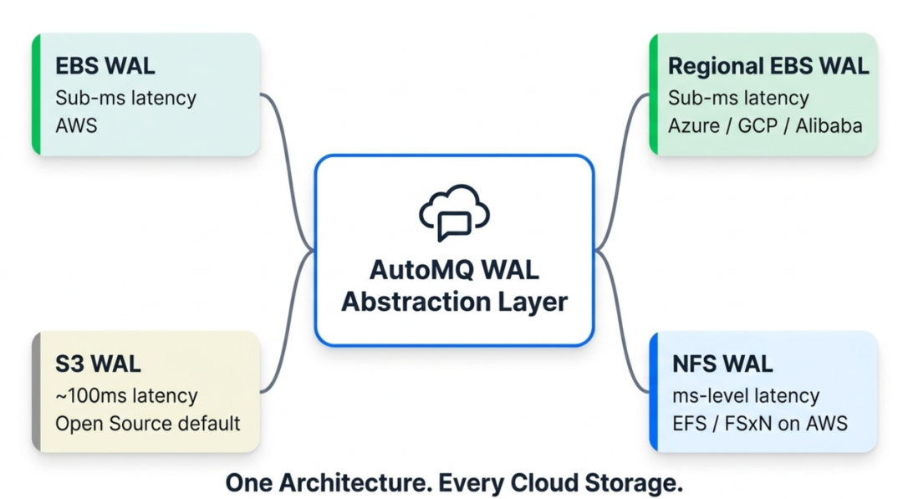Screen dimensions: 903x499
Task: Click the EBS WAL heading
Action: coord(105,66)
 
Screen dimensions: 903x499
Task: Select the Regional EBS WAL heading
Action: coord(768,66)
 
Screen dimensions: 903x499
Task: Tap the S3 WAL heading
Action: coord(98,364)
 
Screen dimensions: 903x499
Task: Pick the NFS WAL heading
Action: coord(722,364)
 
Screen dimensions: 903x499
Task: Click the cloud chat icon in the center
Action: coord(454,212)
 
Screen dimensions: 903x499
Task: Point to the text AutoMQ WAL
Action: coord(454,270)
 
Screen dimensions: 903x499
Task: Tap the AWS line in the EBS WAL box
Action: coord(76,125)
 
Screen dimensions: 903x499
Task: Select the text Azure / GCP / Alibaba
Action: coord(765,125)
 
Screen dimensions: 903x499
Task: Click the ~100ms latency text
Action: coord(127,395)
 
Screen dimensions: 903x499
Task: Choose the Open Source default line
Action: coord(147,424)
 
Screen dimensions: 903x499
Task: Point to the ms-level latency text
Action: coord(746,395)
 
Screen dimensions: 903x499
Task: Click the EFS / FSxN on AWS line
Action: coord(760,424)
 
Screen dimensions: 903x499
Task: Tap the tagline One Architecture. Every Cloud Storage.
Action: coord(454,483)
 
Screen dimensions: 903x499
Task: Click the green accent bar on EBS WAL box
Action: coord(36,94)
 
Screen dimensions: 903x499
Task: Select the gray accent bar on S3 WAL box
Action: coord(36,392)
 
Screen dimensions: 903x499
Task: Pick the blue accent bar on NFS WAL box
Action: coord(654,392)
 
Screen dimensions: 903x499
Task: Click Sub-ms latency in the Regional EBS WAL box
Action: coord(738,98)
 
